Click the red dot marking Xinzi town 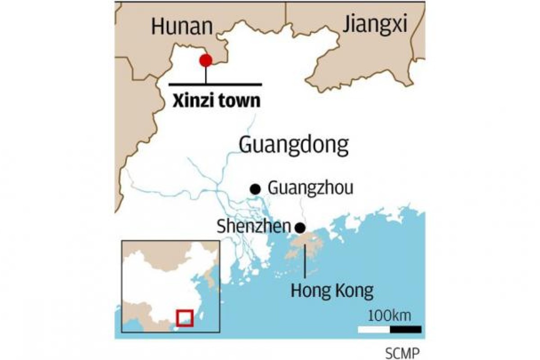coord(206,60)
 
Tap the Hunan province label coord(182,27)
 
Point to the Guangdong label coord(294,145)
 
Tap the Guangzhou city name coord(310,188)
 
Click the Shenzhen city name coord(253,227)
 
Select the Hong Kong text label coord(332,291)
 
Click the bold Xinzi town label coord(216,101)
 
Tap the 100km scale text coord(389,315)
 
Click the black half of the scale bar coord(405,329)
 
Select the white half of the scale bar coord(374,329)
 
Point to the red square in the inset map coord(185,317)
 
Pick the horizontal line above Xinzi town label coord(215,84)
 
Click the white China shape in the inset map coord(162,279)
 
